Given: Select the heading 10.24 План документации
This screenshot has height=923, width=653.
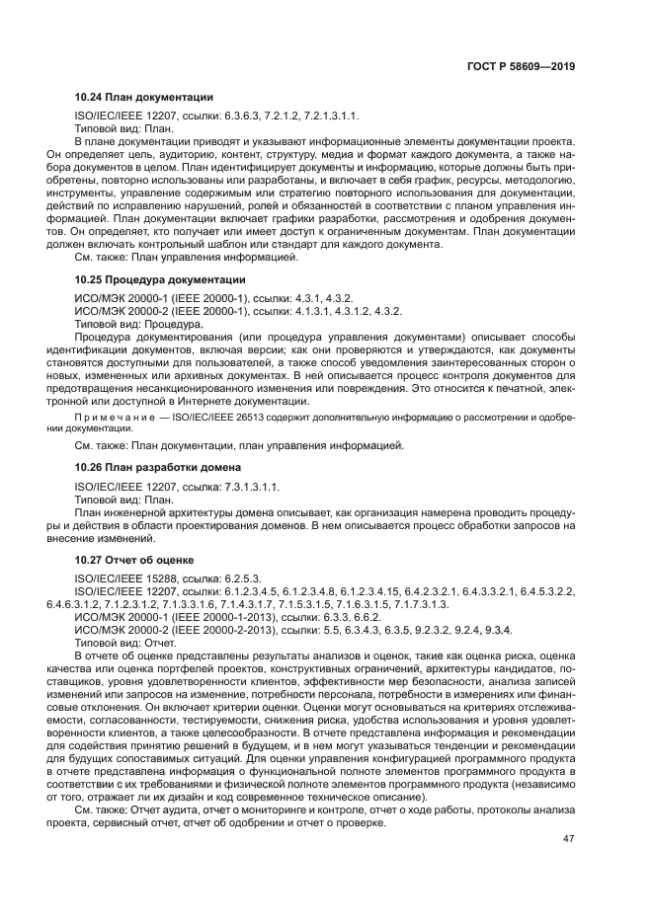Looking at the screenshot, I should [144, 98].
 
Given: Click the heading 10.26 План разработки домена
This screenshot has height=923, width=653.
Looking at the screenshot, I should [159, 466].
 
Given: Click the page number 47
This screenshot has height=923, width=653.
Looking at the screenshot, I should [567, 839].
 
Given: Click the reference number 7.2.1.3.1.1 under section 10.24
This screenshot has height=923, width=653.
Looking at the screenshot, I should [332, 115].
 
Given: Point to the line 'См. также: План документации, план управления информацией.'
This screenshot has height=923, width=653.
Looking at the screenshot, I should [239, 446].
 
